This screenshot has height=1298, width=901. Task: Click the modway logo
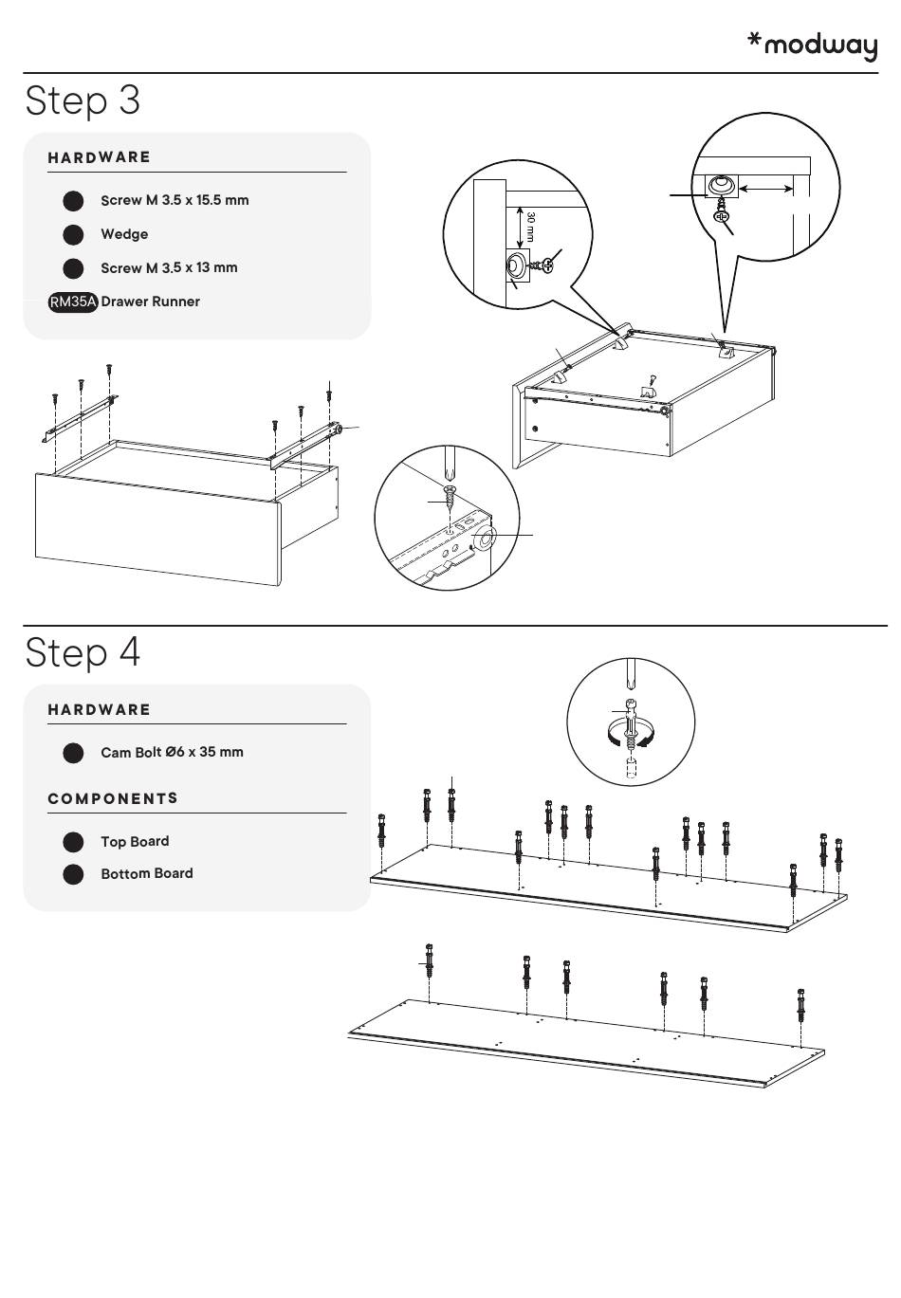click(x=813, y=45)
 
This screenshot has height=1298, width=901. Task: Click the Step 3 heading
click(x=83, y=101)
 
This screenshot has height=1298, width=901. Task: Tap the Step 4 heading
click(x=83, y=652)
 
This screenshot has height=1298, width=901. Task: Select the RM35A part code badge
click(x=73, y=302)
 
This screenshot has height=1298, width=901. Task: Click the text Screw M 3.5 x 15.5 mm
click(x=175, y=200)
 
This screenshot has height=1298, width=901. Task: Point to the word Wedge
click(x=124, y=234)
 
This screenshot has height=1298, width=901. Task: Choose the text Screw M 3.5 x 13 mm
click(x=169, y=267)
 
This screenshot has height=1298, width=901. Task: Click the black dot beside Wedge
click(x=73, y=234)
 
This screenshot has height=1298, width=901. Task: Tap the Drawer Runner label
click(x=151, y=302)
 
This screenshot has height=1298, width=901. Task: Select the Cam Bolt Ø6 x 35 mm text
click(x=172, y=752)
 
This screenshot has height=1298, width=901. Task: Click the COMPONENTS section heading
click(x=113, y=798)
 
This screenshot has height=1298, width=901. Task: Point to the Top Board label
click(x=135, y=841)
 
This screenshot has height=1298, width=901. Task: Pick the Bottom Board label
click(x=147, y=873)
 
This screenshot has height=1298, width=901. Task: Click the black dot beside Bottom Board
click(x=73, y=874)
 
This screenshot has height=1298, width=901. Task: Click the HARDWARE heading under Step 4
click(x=100, y=709)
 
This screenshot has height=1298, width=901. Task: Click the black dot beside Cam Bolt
click(x=73, y=753)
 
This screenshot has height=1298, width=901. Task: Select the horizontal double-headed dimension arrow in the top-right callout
click(x=766, y=190)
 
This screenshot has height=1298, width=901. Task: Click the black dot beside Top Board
click(x=73, y=842)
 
